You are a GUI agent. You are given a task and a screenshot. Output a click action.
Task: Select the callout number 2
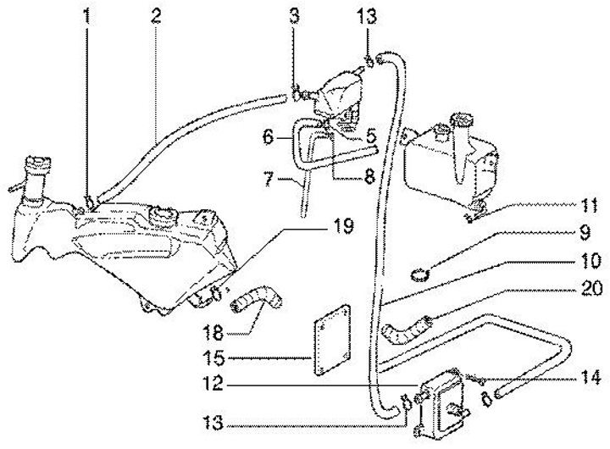click(x=155, y=14)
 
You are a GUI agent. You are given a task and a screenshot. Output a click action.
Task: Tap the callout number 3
click(x=294, y=14)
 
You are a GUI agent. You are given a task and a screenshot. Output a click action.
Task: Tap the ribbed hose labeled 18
click(x=260, y=300)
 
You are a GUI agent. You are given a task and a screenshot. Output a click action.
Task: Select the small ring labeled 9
click(x=417, y=273)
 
